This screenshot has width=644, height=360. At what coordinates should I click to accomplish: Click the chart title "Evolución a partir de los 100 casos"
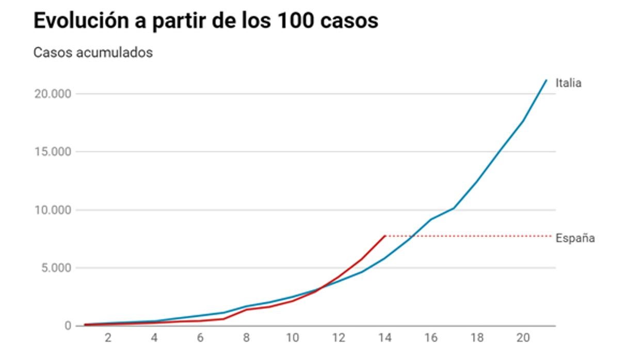(x=205, y=21)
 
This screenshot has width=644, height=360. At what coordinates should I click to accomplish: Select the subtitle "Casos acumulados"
(x=93, y=53)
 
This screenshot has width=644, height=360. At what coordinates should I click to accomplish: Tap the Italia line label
(x=568, y=83)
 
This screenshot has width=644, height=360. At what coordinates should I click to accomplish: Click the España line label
(x=575, y=238)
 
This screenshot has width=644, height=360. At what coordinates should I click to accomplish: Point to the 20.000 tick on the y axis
(x=51, y=94)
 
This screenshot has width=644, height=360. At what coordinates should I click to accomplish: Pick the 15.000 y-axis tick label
(x=51, y=152)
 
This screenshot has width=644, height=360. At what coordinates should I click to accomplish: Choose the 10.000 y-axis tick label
(x=51, y=210)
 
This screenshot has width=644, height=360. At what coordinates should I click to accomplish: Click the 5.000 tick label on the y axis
(x=54, y=268)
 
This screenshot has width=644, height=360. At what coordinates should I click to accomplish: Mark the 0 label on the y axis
(x=67, y=326)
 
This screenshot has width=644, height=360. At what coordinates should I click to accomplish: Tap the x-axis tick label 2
(x=108, y=338)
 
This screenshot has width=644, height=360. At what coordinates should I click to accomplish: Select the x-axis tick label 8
(x=246, y=338)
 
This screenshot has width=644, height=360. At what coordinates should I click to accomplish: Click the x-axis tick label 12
(x=339, y=338)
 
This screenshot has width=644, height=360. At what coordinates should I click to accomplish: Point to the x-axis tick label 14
(x=384, y=338)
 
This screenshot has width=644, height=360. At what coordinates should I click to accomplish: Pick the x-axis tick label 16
(x=431, y=338)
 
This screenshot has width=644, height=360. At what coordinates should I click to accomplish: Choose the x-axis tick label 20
(x=523, y=338)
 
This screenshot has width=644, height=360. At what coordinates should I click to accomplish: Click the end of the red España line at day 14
(x=385, y=236)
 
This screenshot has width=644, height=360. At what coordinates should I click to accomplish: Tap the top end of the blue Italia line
(x=546, y=80)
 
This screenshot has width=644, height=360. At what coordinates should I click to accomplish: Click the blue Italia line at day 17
(x=454, y=208)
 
